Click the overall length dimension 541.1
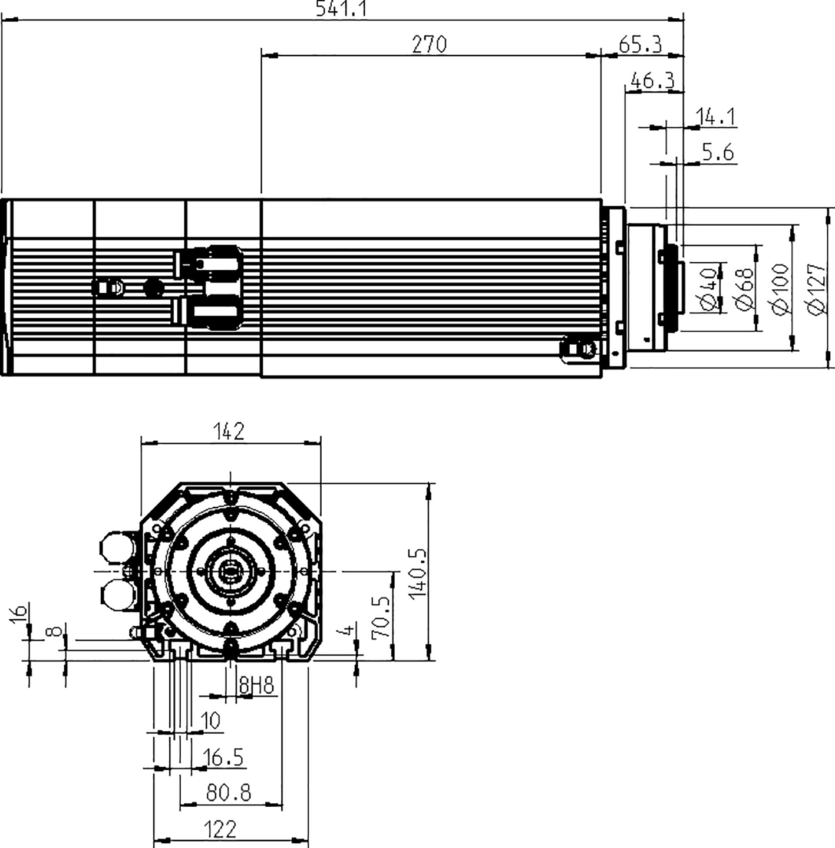pos(341,8)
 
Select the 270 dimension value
pos(429,44)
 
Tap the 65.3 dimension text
pos(641,44)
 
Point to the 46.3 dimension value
pos(652,80)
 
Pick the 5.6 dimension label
pos(718,153)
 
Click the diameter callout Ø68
pos(745,288)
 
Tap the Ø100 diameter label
pos(780,289)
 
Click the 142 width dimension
pos(229,431)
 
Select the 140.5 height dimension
pos(417,573)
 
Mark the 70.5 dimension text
pos(381,616)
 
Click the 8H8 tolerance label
pos(256,685)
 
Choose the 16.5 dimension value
pos(223,757)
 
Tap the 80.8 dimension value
pos(229,793)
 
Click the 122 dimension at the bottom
pos(220,830)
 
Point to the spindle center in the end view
pos(230,572)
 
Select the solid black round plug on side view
pos(154,287)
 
